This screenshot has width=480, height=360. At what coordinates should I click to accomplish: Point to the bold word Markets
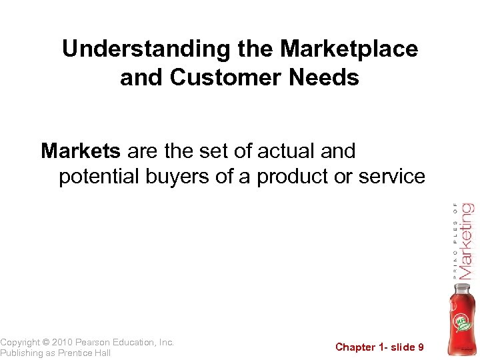81,151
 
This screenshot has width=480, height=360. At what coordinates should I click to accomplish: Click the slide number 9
420,347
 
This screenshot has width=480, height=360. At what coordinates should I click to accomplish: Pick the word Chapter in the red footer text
356,347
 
